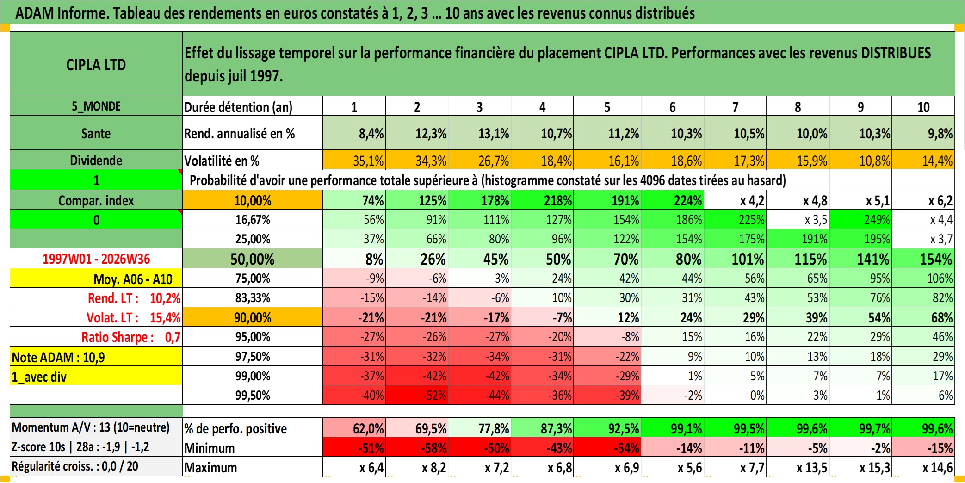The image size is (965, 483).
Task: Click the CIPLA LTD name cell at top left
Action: click(96, 64)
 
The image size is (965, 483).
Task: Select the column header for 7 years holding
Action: click(735, 107)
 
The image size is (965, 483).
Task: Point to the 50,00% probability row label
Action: click(253, 259)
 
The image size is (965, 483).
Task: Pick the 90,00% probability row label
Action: click(253, 317)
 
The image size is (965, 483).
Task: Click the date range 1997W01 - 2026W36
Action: click(96, 259)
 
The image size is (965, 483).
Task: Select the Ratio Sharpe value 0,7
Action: click(173, 337)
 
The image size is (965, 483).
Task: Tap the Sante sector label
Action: click(96, 134)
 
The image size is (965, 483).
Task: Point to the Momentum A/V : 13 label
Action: click(91, 427)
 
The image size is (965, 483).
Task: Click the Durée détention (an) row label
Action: click(238, 107)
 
